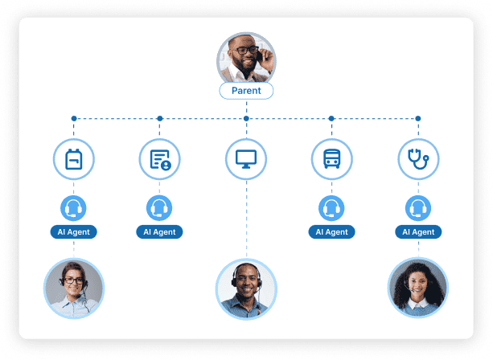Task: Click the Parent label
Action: pyautogui.click(x=246, y=91)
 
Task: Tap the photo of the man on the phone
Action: pyautogui.click(x=246, y=58)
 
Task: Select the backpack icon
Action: pyautogui.click(x=74, y=159)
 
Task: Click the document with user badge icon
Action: pyautogui.click(x=159, y=159)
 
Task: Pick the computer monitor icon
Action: pyautogui.click(x=246, y=159)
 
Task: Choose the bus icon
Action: pyautogui.click(x=331, y=159)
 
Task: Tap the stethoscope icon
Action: pyautogui.click(x=418, y=159)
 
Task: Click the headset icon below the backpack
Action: pyautogui.click(x=74, y=209)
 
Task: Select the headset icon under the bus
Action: pyautogui.click(x=331, y=209)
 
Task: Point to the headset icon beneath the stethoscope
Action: pyautogui.click(x=418, y=209)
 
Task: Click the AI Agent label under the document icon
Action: pyautogui.click(x=159, y=232)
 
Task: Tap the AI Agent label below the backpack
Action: pyautogui.click(x=74, y=232)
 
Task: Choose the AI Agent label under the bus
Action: pyautogui.click(x=331, y=232)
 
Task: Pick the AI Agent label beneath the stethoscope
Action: pyautogui.click(x=418, y=232)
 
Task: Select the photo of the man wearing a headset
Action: pyautogui.click(x=246, y=288)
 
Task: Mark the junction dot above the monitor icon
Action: pyautogui.click(x=246, y=119)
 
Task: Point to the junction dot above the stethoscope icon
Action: pyautogui.click(x=418, y=119)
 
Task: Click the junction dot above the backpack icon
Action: pyautogui.click(x=74, y=119)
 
